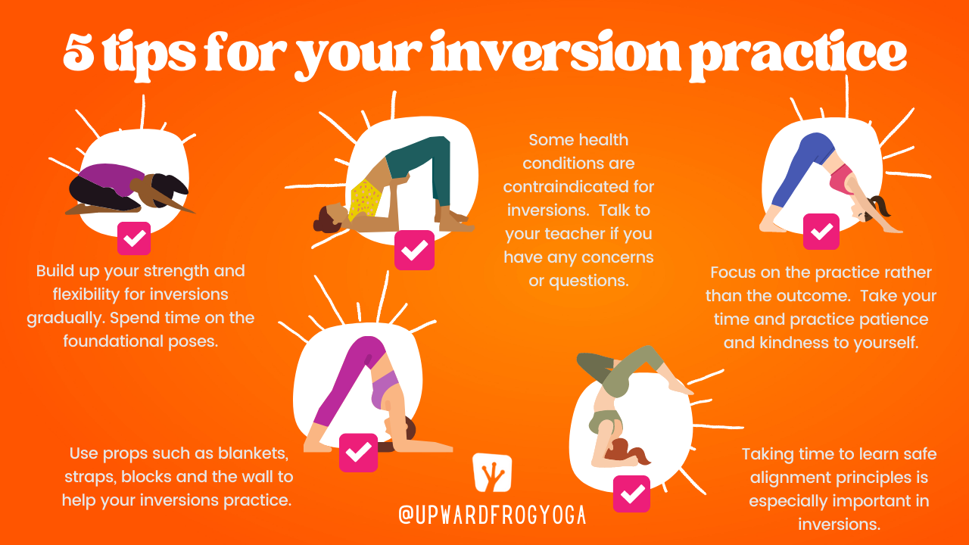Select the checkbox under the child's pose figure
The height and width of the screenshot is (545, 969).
tap(134, 238)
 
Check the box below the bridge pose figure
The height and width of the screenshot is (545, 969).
tap(414, 250)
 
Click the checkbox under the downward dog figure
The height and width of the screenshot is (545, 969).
tap(821, 232)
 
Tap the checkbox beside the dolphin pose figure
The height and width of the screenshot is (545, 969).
tap(358, 453)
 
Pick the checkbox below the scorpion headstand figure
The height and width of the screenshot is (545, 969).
tap(631, 494)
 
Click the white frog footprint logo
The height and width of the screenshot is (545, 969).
tap(491, 472)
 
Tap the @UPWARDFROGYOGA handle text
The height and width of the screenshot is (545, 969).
tap(492, 515)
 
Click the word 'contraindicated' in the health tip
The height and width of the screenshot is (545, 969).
tap(579, 186)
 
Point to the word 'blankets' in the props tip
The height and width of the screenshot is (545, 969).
tap(253, 454)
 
